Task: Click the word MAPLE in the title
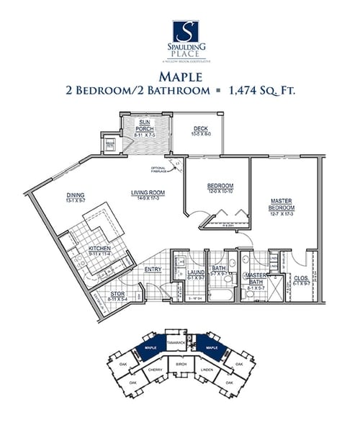(x=179, y=76)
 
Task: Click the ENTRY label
(x=153, y=270)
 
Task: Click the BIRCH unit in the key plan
(x=180, y=366)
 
